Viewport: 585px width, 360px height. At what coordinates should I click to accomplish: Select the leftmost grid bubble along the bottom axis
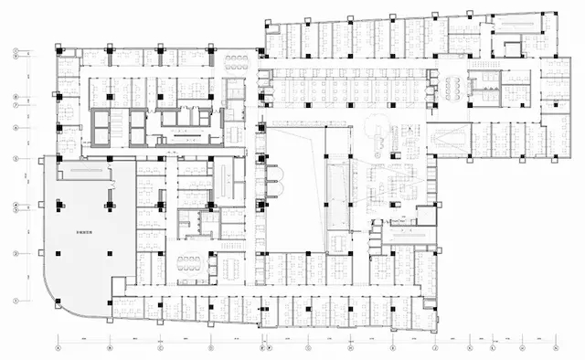pyautogui.click(x=57, y=348)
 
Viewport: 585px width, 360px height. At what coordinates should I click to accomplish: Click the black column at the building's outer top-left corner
pyautogui.click(x=54, y=44)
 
